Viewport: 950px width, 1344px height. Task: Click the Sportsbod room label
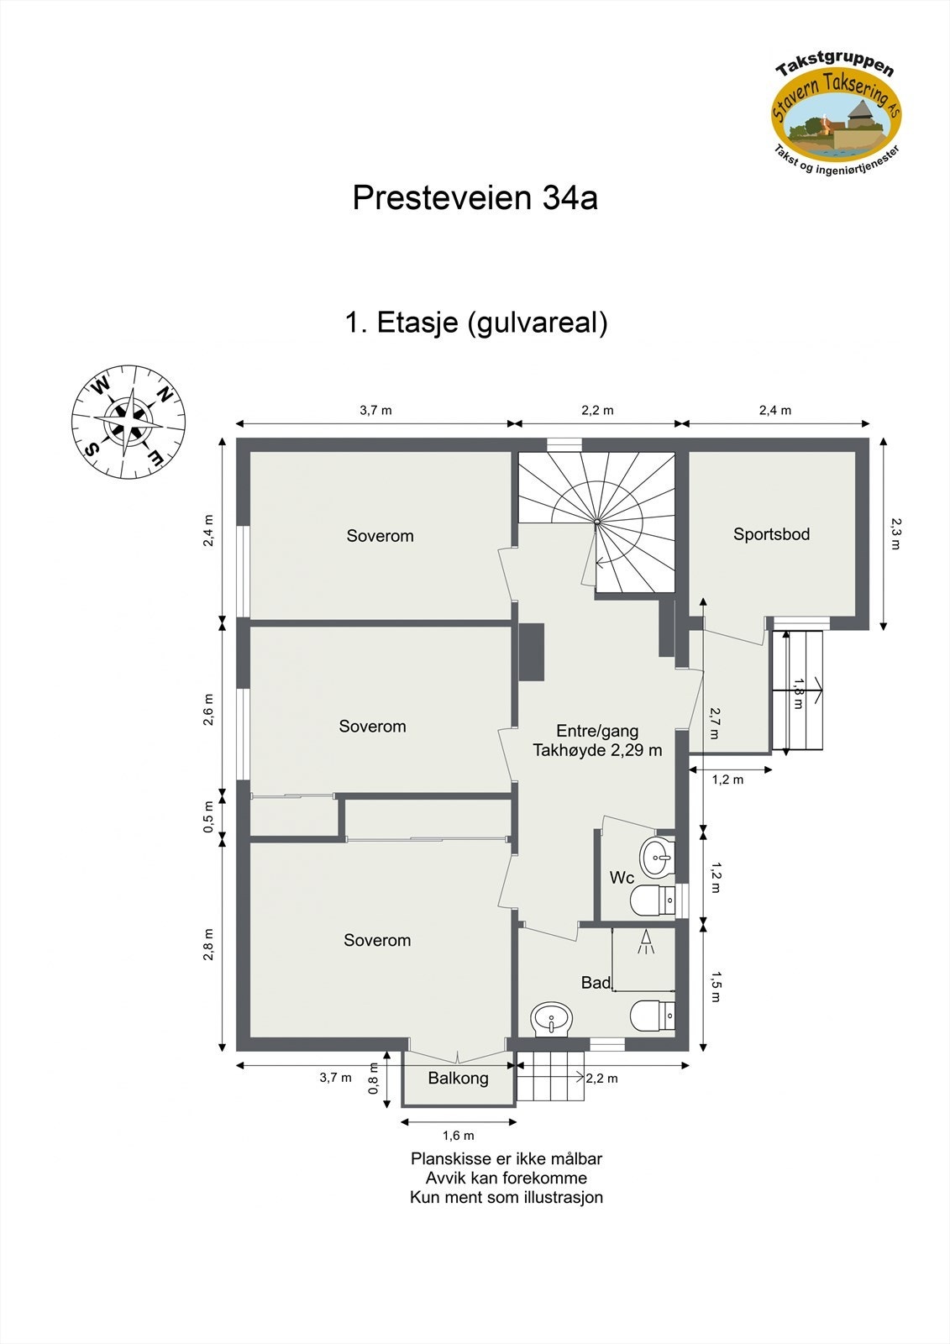771,534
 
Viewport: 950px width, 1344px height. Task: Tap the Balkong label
458,1079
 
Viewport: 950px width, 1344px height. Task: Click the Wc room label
622,878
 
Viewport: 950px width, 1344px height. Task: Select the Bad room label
596,983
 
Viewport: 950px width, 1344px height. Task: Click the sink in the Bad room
551,1020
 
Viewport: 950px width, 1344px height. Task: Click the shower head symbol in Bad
646,942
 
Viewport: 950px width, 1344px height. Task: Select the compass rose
129,423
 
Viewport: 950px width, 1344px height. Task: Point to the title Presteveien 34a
475,198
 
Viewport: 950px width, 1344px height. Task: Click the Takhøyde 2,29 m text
597,750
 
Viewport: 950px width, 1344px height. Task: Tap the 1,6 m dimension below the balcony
458,1136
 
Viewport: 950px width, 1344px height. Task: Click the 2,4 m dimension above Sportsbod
774,411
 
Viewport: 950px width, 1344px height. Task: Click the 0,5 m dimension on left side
209,816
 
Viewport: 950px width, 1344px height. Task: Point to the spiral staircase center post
597,522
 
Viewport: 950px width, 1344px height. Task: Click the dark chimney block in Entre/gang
533,652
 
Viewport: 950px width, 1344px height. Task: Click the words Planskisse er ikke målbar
506,1159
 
